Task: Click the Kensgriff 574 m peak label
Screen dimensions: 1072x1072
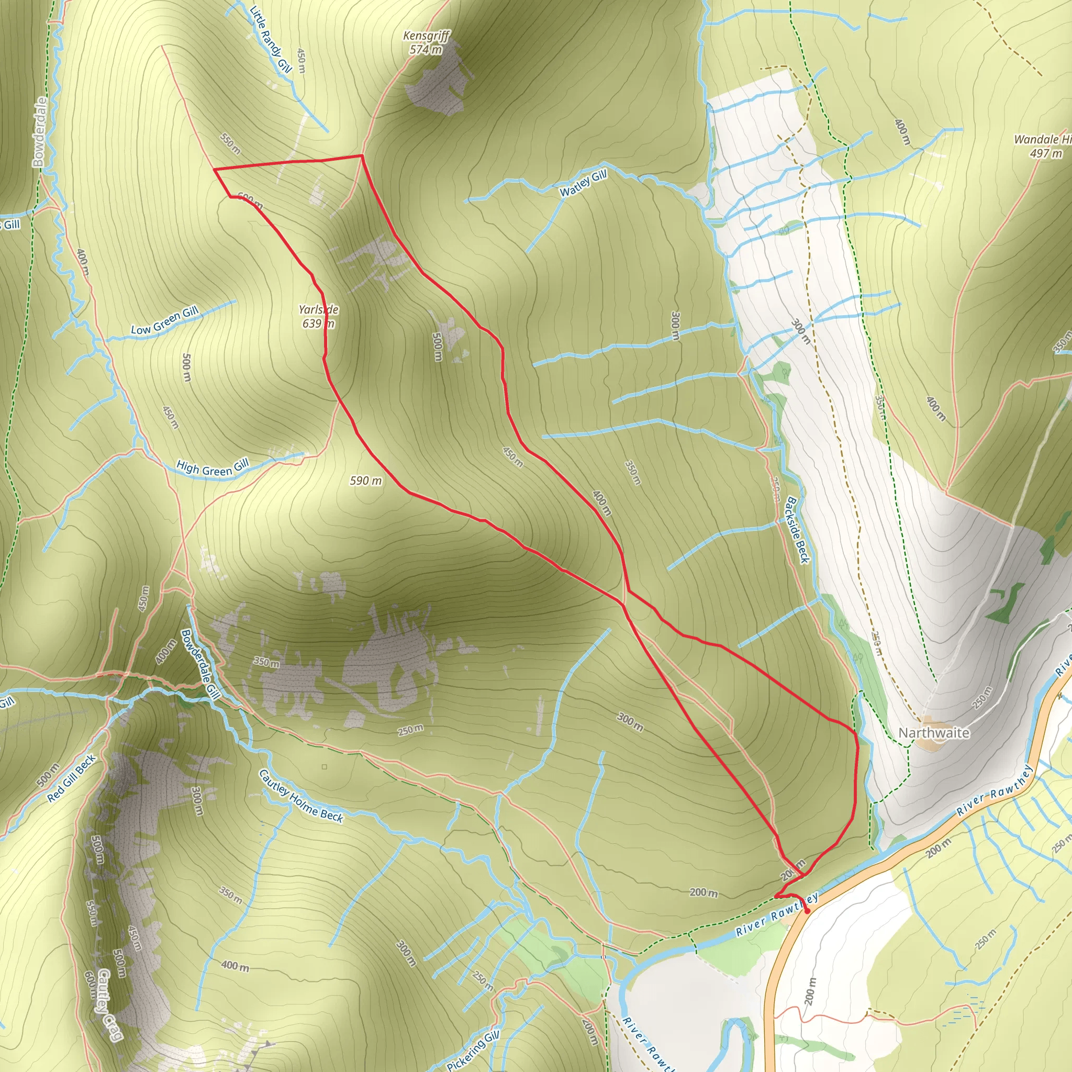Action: (426, 43)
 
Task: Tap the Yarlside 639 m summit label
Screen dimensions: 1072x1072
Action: (318, 316)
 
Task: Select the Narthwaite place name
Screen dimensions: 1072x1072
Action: (934, 733)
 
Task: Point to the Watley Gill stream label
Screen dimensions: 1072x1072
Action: (583, 184)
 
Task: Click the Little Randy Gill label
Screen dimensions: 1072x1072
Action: (270, 39)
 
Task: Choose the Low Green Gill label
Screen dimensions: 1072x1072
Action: (165, 321)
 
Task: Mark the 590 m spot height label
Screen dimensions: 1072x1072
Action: (366, 481)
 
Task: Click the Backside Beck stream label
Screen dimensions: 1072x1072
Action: (797, 530)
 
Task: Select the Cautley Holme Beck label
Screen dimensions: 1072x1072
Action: (301, 796)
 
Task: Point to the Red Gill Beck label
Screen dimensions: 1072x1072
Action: (72, 778)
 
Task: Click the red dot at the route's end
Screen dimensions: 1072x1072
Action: (807, 911)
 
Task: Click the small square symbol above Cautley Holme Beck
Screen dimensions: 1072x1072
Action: (324, 767)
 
